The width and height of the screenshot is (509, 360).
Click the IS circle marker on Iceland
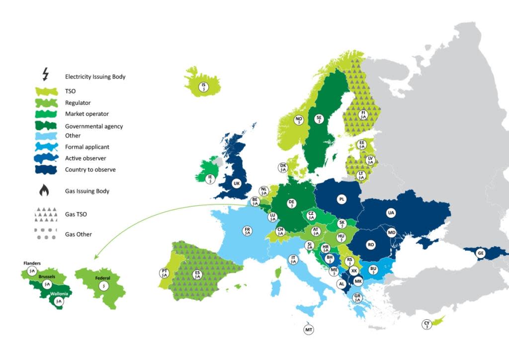tap(203, 88)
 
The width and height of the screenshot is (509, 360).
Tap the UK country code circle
tap(236, 183)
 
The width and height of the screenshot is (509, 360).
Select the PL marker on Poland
tap(341, 199)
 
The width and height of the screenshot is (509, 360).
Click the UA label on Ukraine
tap(391, 213)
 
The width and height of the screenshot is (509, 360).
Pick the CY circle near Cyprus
tap(426, 325)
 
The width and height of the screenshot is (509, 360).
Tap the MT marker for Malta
tap(308, 329)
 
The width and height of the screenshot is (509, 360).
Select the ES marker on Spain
tap(197, 274)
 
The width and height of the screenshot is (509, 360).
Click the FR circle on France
tap(247, 231)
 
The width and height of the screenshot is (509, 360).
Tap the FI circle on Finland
tap(363, 115)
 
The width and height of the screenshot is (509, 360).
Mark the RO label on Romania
tap(370, 245)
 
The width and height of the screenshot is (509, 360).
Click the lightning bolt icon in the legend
tap(46, 75)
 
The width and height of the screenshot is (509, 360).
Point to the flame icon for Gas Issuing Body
tap(46, 191)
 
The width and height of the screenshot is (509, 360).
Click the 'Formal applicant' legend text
tap(86, 147)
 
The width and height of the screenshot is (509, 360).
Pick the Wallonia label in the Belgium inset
tap(59, 293)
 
